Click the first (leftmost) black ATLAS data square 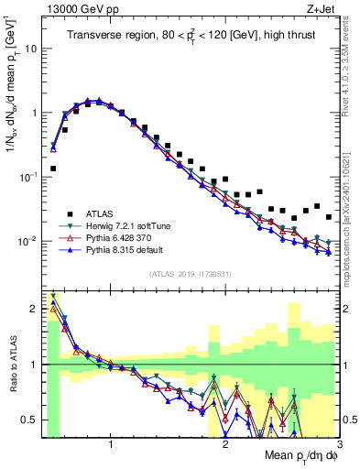pos(53,169)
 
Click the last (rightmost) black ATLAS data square pos(329,217)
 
